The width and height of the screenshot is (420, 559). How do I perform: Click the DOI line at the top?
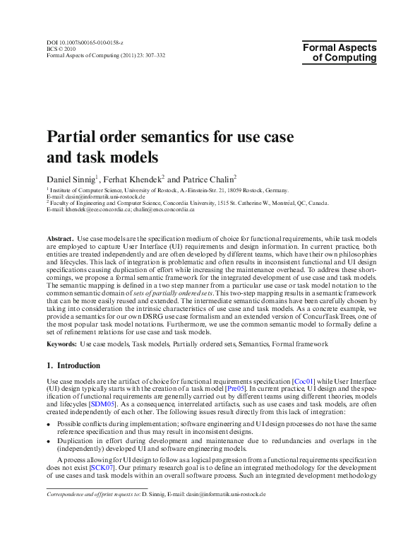point(84,43)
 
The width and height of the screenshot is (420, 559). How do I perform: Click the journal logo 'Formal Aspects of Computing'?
point(340,53)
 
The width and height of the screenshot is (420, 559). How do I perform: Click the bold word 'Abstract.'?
point(60,240)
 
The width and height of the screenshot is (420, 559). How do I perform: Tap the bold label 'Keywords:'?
point(61,344)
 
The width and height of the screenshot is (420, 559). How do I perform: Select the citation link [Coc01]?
point(303,381)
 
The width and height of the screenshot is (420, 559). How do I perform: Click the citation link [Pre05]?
point(235,389)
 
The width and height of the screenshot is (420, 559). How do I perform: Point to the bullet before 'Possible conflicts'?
point(49,423)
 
